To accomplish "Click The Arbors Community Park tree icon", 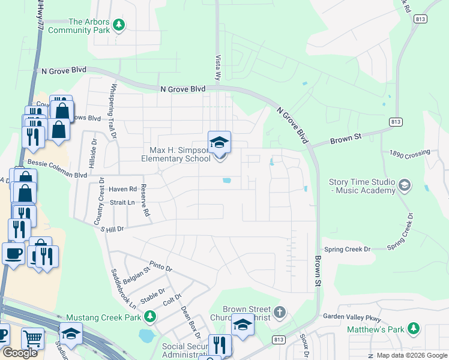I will pyautogui.click(x=119, y=25).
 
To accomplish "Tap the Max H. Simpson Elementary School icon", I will pyautogui.click(x=219, y=142).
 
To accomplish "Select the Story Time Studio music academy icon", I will pyautogui.click(x=405, y=184).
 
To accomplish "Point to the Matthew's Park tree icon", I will pyautogui.click(x=413, y=328).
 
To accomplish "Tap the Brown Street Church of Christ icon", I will pyautogui.click(x=279, y=312).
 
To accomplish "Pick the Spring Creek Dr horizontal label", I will pyautogui.click(x=348, y=248).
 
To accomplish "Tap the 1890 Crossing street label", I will pyautogui.click(x=410, y=154).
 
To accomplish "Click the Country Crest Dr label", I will pyautogui.click(x=98, y=201).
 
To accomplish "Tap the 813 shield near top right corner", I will pyautogui.click(x=421, y=19).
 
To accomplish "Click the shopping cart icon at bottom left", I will pyautogui.click(x=32, y=339).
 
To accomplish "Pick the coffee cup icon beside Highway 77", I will pyautogui.click(x=13, y=253).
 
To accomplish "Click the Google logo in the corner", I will pyautogui.click(x=20, y=353).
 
